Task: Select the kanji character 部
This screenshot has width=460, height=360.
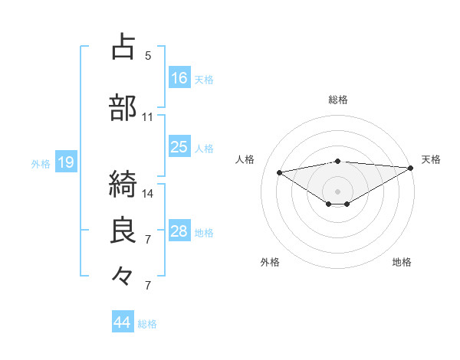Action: coord(124,108)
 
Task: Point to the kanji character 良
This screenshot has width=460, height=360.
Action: coord(124,231)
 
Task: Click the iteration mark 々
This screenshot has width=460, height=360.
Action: coord(124,273)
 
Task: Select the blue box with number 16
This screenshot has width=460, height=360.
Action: coord(179,78)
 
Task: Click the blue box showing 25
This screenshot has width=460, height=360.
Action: coord(179,147)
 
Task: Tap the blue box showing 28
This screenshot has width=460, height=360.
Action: coord(179,231)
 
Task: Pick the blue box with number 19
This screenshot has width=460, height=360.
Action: coord(66,162)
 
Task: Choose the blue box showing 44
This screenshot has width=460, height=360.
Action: coord(123,322)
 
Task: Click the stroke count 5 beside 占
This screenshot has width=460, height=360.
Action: coord(148,55)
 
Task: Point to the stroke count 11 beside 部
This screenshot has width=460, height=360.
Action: coord(148,117)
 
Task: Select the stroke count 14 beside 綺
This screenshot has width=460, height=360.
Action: coord(148,193)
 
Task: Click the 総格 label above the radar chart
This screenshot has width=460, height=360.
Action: coord(338,100)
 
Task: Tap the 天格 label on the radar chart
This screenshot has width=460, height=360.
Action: coord(431,159)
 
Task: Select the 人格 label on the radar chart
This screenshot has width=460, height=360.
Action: coord(245,159)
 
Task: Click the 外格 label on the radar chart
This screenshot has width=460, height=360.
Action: coord(270,262)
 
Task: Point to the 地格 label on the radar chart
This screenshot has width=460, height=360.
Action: coord(402,262)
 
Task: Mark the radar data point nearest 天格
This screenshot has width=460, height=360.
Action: coord(411,168)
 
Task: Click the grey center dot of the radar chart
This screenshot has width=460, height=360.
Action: coord(337,191)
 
